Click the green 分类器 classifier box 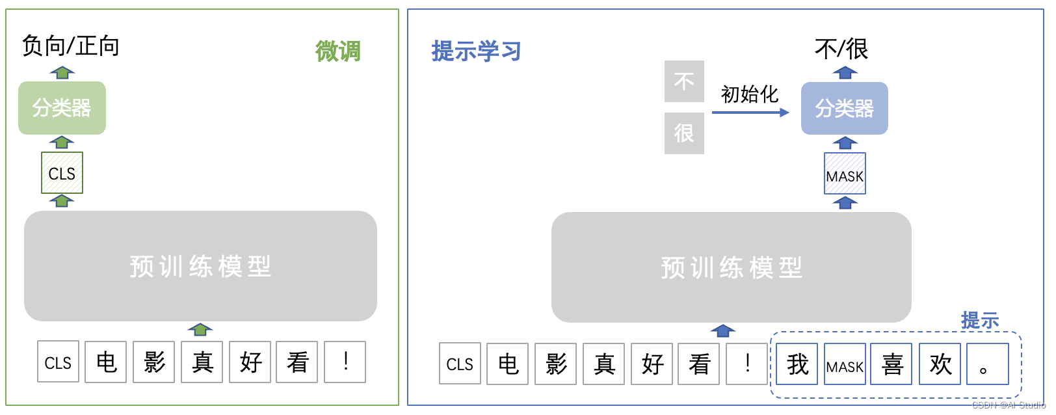pyautogui.click(x=62, y=108)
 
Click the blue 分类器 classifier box pyautogui.click(x=844, y=109)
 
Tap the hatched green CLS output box pyautogui.click(x=62, y=173)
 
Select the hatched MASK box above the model pyautogui.click(x=845, y=174)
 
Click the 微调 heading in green pyautogui.click(x=337, y=51)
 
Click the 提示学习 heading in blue pyautogui.click(x=476, y=51)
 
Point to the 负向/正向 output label pyautogui.click(x=70, y=46)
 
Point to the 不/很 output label pyautogui.click(x=841, y=49)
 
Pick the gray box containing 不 pyautogui.click(x=684, y=81)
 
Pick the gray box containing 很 pyautogui.click(x=684, y=133)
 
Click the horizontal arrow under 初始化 pyautogui.click(x=750, y=113)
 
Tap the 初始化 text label pyautogui.click(x=750, y=94)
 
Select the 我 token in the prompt pyautogui.click(x=797, y=364)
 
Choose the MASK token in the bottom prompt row pyautogui.click(x=845, y=365)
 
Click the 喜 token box pyautogui.click(x=892, y=364)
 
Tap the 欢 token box pyautogui.click(x=940, y=364)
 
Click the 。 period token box pyautogui.click(x=987, y=364)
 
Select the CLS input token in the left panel pyautogui.click(x=58, y=362)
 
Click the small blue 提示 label pyautogui.click(x=979, y=320)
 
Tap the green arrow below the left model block pyautogui.click(x=200, y=330)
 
